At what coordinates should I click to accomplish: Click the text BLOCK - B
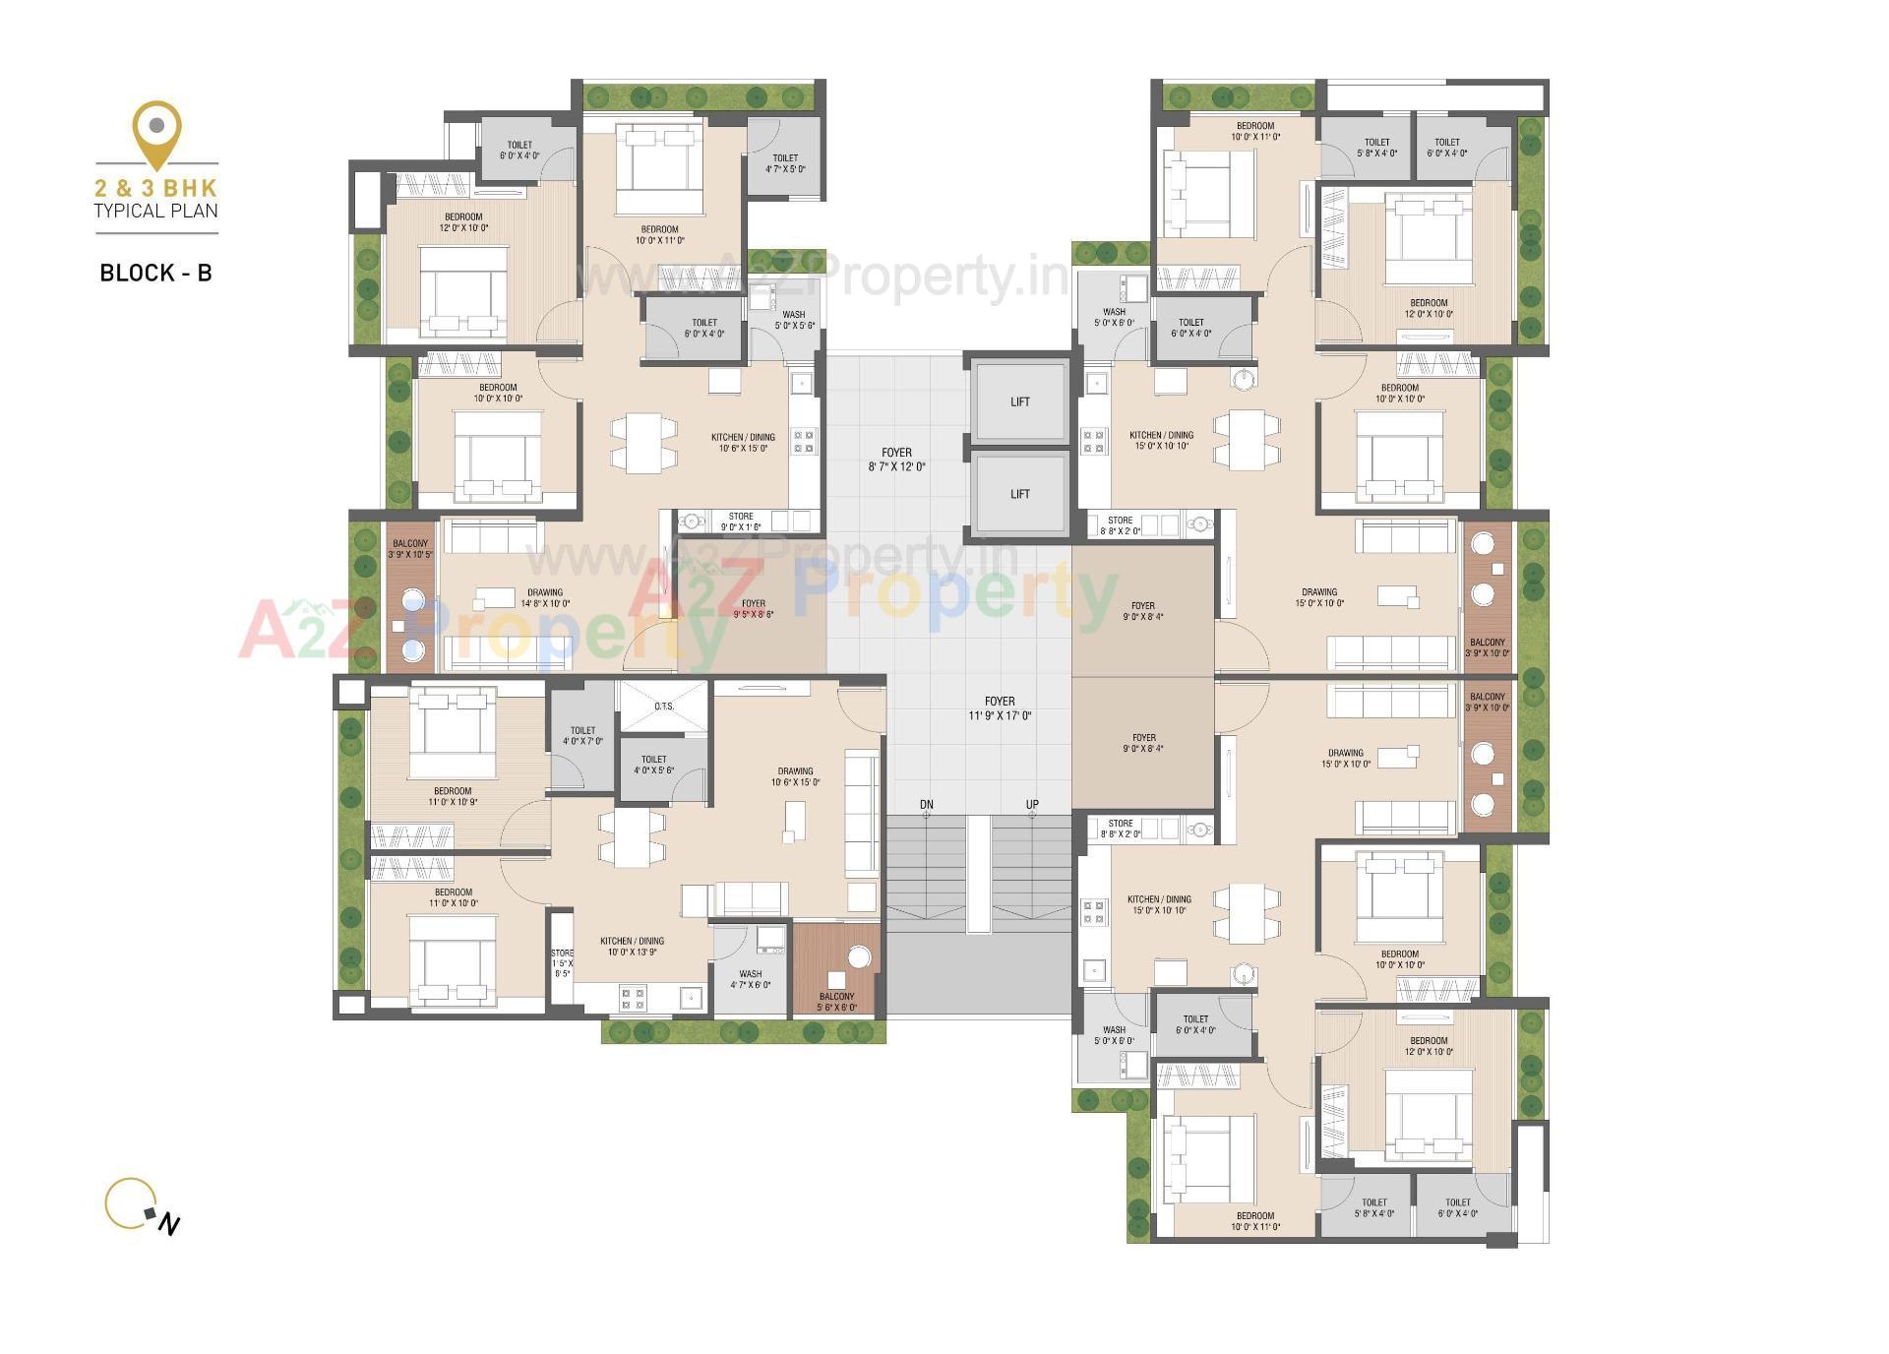click(x=155, y=274)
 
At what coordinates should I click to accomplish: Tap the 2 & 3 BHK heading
click(x=156, y=187)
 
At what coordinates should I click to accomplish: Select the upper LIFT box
click(x=1019, y=401)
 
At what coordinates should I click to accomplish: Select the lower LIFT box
click(x=1019, y=494)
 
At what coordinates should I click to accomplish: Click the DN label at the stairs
click(x=926, y=805)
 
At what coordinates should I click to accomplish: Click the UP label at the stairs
click(x=1032, y=805)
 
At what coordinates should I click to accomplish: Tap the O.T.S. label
click(x=664, y=707)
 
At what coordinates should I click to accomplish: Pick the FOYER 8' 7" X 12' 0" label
click(x=896, y=460)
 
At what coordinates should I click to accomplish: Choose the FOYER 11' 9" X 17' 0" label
click(x=1000, y=708)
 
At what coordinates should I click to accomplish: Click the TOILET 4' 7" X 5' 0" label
click(x=785, y=163)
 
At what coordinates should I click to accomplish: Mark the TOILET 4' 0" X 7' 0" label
click(x=582, y=736)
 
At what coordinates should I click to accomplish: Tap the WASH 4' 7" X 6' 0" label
click(x=750, y=979)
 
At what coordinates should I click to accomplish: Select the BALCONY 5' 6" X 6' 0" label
click(x=836, y=1002)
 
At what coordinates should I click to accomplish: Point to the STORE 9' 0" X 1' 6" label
click(x=741, y=522)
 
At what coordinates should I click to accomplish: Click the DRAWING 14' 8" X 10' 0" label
click(x=545, y=598)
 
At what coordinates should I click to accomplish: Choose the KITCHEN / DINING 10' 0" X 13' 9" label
click(x=632, y=947)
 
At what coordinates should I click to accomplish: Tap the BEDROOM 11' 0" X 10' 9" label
click(x=453, y=796)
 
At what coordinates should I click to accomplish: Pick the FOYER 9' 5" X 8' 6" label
click(x=753, y=609)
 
